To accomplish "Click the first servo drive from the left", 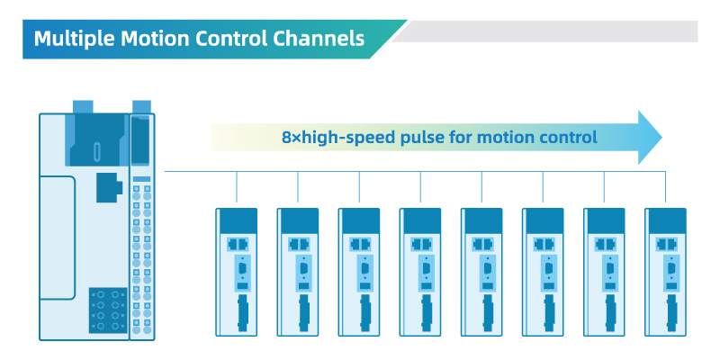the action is (237, 272).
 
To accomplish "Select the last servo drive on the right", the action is (665, 272).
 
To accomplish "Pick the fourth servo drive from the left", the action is (420, 272).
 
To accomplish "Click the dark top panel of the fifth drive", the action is (482, 220).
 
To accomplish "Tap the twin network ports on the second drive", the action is (299, 244).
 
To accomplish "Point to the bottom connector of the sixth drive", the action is (549, 313).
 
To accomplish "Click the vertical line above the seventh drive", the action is (604, 187).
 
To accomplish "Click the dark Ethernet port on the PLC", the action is (109, 187).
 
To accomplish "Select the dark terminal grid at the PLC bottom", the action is (108, 310).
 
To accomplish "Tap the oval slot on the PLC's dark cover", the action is (97, 152).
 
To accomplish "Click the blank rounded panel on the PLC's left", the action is (58, 238).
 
